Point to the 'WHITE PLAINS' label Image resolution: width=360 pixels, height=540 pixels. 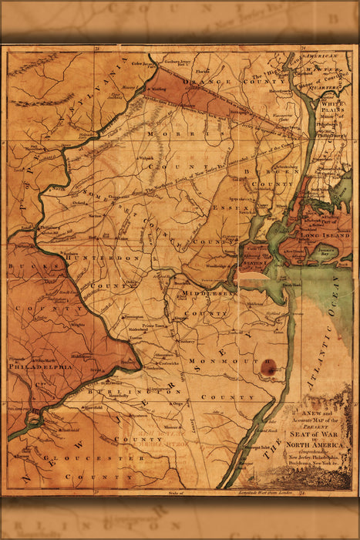(335, 106)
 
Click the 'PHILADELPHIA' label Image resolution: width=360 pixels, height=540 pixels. (40, 367)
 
